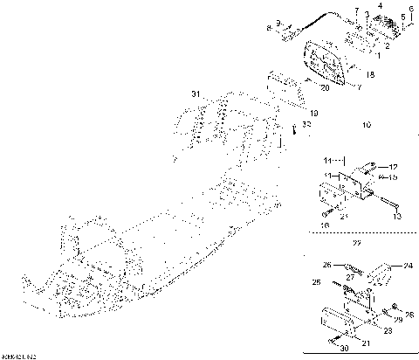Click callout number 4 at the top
380,6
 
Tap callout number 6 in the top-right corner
410,8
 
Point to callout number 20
324,88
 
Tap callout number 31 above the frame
196,93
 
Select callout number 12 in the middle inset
393,167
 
